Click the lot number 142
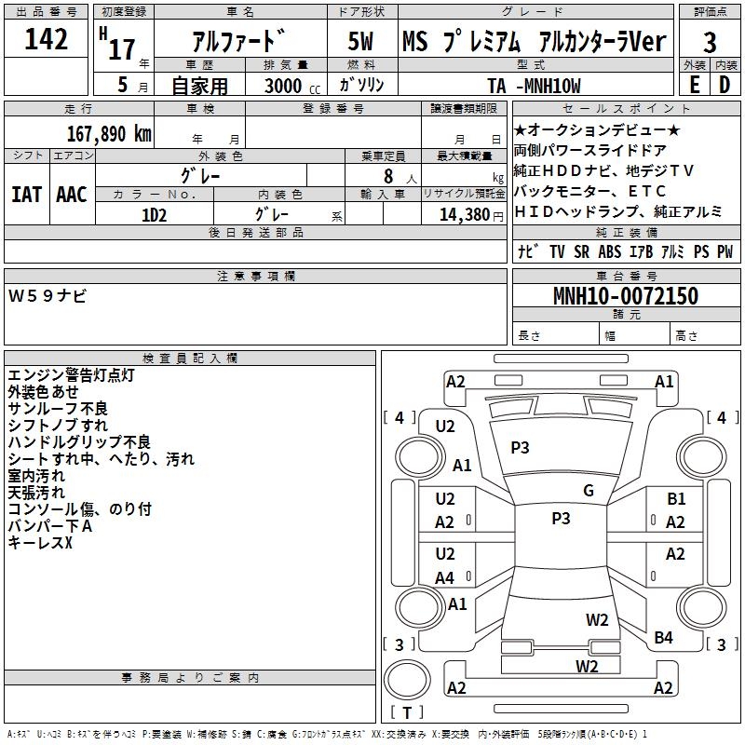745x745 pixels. pyautogui.click(x=46, y=38)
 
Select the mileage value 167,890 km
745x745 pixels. pyautogui.click(x=109, y=134)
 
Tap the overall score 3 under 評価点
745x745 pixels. pyautogui.click(x=710, y=42)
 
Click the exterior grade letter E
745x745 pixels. pyautogui.click(x=694, y=85)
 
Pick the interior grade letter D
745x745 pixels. pyautogui.click(x=725, y=85)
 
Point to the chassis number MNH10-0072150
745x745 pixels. pyautogui.click(x=626, y=295)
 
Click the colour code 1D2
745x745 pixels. pyautogui.click(x=155, y=215)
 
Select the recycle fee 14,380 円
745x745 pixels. pyautogui.click(x=471, y=215)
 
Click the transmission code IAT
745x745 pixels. pyautogui.click(x=27, y=195)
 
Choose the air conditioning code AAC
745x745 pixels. pyautogui.click(x=72, y=195)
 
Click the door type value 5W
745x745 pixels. pyautogui.click(x=360, y=41)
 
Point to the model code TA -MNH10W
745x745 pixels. pyautogui.click(x=534, y=86)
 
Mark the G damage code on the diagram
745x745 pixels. pyautogui.click(x=589, y=491)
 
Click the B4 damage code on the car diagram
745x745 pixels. pyautogui.click(x=663, y=638)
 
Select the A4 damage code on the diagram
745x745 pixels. pyautogui.click(x=445, y=578)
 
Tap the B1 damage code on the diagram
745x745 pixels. pyautogui.click(x=676, y=499)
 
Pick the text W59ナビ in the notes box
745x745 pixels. pyautogui.click(x=47, y=296)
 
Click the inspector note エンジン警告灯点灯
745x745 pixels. pyautogui.click(x=72, y=375)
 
